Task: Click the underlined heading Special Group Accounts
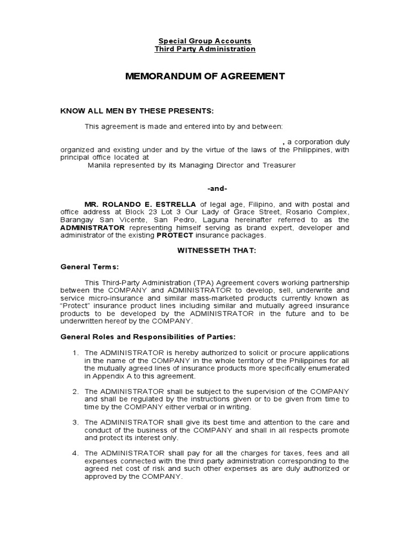[205, 41]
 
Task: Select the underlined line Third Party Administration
[205, 49]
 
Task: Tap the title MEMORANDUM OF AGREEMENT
[205, 76]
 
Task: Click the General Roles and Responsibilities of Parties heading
[147, 338]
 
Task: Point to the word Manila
[100, 165]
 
